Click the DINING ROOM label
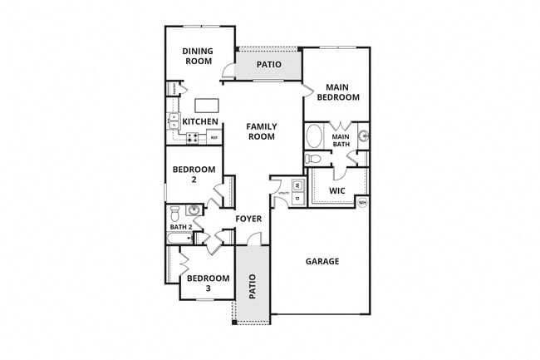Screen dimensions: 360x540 click(198, 56)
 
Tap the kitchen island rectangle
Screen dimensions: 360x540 click(207, 106)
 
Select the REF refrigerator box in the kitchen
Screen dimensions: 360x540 click(214, 137)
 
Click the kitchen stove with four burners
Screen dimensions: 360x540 click(192, 138)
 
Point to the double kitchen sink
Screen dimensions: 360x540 click(174, 121)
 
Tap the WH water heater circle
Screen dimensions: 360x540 click(362, 202)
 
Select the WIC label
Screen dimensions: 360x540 click(336, 190)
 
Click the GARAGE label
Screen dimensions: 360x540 click(322, 261)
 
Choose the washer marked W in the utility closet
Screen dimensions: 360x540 click(297, 185)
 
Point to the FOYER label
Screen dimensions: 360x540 click(248, 219)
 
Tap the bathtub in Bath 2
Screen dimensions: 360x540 click(179, 239)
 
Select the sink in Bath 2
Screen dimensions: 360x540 click(193, 210)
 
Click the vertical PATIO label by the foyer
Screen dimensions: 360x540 click(253, 287)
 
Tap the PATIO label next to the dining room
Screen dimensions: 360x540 click(268, 64)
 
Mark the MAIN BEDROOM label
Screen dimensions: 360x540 click(342, 91)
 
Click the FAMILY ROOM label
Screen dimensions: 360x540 click(261, 131)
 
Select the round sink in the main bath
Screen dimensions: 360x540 click(363, 136)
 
